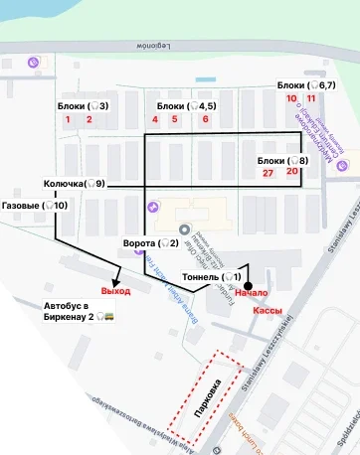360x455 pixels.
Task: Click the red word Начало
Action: [253, 294]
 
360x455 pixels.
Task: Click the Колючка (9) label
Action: [74, 184]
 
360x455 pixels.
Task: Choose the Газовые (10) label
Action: [35, 206]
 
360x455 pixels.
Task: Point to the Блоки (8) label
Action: [282, 160]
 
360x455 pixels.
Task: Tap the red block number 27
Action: [269, 172]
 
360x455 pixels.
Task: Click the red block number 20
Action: [291, 171]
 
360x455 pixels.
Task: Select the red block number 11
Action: [311, 98]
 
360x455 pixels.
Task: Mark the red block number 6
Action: [205, 119]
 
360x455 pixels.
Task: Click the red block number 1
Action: [68, 119]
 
